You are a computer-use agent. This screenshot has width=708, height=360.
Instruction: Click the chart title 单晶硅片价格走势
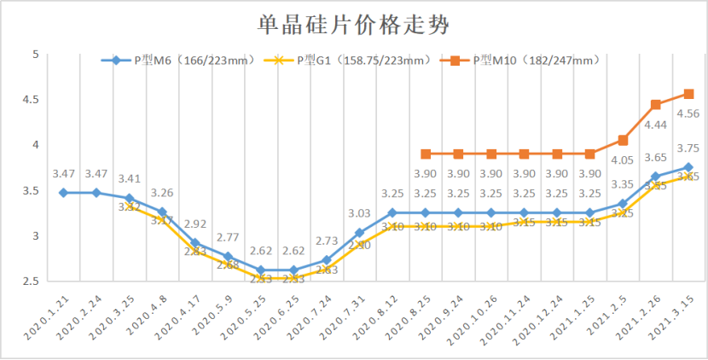[353, 24]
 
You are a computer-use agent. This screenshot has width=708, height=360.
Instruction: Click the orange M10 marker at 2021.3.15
[688, 94]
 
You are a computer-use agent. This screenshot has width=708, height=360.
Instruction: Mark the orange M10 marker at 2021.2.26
[656, 105]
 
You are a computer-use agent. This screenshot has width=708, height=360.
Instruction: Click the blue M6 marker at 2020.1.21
[63, 193]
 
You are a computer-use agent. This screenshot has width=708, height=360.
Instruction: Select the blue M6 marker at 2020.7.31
[359, 233]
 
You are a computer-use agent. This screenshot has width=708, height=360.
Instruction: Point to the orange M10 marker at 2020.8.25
[425, 154]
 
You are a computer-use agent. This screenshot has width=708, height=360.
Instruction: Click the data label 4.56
[688, 113]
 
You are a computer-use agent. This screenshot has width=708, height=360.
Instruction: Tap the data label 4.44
[655, 125]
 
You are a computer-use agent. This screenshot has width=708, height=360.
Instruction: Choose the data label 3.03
[359, 213]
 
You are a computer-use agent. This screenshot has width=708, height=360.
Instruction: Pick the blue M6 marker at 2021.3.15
[688, 167]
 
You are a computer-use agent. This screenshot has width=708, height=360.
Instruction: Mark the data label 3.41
[130, 179]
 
